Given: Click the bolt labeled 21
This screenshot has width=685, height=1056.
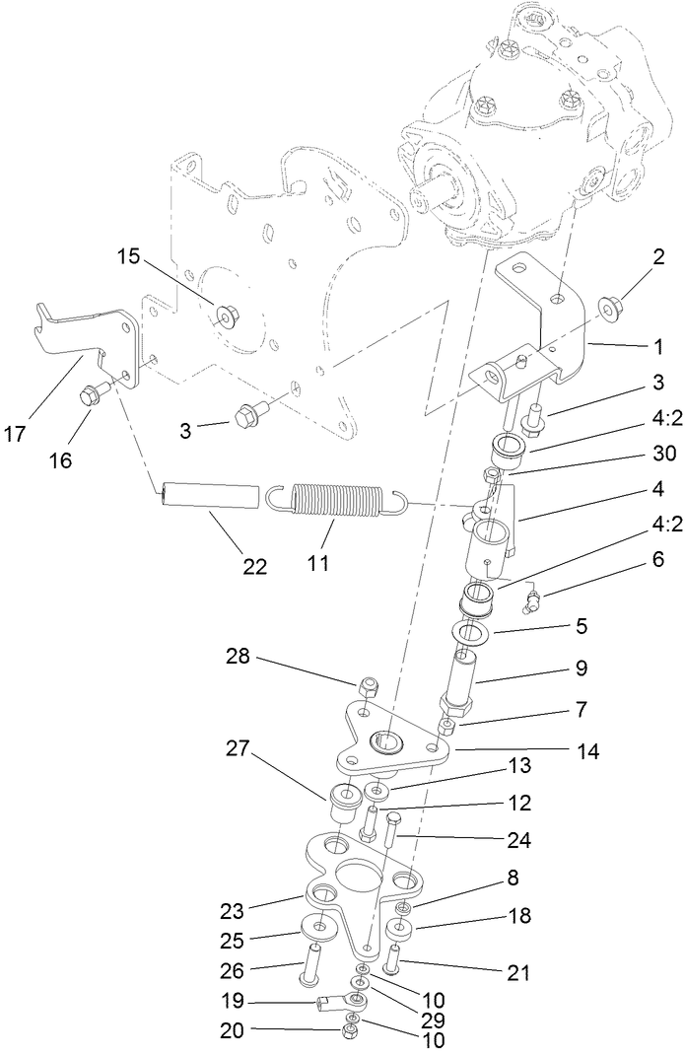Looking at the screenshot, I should tap(395, 957).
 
